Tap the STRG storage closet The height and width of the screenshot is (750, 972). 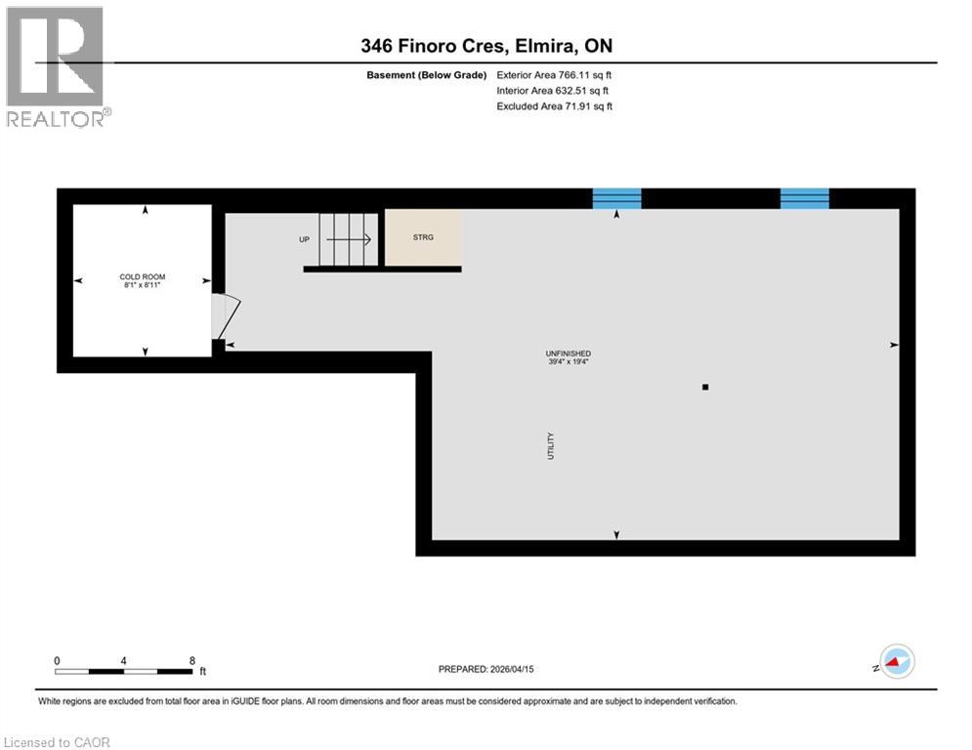(423, 237)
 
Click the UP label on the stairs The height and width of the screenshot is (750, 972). (305, 239)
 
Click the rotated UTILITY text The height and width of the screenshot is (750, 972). (551, 446)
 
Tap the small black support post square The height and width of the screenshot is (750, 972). (705, 388)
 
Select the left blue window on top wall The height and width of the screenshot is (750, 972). (617, 198)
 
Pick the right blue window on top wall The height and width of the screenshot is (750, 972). (804, 198)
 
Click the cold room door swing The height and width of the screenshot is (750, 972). (224, 314)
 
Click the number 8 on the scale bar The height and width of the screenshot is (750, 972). (192, 660)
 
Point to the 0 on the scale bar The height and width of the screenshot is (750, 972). (58, 660)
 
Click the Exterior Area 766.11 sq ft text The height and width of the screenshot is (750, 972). (554, 75)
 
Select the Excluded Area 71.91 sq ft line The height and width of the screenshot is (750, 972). (554, 106)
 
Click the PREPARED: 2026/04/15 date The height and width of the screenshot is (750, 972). (486, 669)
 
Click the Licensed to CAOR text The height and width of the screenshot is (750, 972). (58, 742)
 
